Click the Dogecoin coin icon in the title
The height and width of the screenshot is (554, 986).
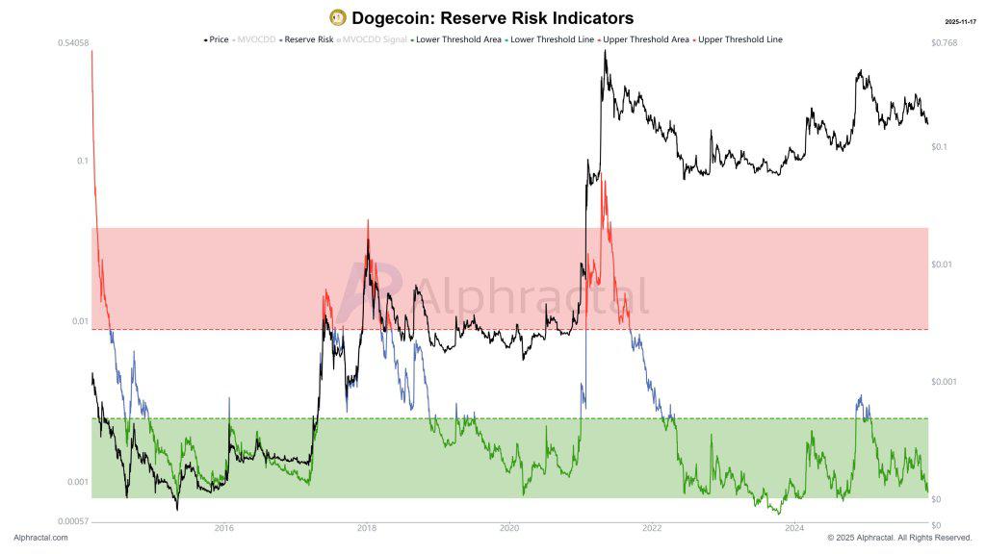(337, 17)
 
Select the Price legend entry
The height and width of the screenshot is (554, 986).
(218, 39)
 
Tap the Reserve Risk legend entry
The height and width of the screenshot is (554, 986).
(308, 39)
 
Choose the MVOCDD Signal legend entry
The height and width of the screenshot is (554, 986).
(374, 39)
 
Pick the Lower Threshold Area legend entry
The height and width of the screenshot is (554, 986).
(454, 39)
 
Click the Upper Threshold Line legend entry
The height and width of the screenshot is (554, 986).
(739, 39)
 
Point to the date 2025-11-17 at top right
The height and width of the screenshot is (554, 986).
(960, 20)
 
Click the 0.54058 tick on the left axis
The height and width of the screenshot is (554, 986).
(73, 43)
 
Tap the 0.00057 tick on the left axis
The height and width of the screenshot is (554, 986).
(73, 520)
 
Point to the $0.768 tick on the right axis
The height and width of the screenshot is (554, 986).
(944, 43)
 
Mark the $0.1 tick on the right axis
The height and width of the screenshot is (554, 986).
(940, 147)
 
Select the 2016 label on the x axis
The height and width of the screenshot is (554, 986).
(224, 528)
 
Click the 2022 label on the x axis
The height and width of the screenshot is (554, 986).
(652, 528)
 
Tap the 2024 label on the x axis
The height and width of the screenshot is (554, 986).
(794, 528)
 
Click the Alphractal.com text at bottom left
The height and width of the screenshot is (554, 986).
(40, 538)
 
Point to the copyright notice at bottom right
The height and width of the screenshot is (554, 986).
(899, 538)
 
